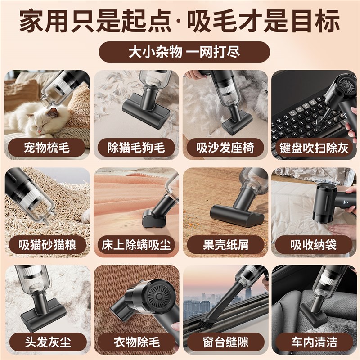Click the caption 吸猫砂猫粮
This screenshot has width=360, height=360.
click(x=47, y=245)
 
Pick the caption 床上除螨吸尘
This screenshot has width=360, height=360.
click(x=136, y=245)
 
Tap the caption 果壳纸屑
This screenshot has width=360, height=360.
click(x=225, y=245)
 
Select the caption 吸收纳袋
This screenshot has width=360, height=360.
click(x=314, y=245)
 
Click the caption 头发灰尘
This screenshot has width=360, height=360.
click(x=47, y=343)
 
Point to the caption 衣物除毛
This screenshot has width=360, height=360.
click(x=136, y=343)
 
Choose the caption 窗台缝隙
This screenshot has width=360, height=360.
click(x=225, y=343)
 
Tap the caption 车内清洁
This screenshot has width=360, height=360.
click(x=314, y=343)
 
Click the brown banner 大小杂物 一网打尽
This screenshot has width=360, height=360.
click(x=180, y=52)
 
